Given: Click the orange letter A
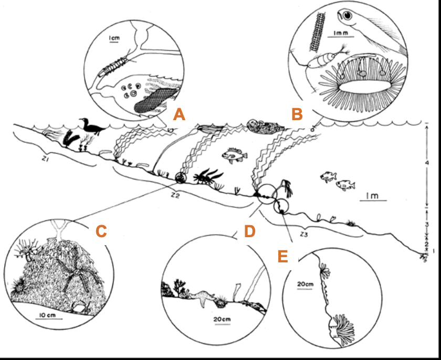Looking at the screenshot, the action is click(179, 114).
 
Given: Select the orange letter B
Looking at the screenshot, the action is click(297, 114).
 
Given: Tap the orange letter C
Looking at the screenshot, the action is click(101, 231).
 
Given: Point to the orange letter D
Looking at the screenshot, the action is click(250, 231).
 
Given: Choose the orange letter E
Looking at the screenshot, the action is click(283, 256).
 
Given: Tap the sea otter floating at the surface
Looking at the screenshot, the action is click(265, 125).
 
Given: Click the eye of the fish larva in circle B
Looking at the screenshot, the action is click(348, 15).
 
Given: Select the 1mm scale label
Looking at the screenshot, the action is click(341, 33).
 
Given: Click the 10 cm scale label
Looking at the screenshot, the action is click(47, 315).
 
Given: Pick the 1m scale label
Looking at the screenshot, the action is click(373, 196).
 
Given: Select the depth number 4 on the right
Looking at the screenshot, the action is click(427, 163).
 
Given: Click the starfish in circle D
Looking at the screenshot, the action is click(201, 298).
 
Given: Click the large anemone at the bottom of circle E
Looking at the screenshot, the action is click(342, 330).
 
